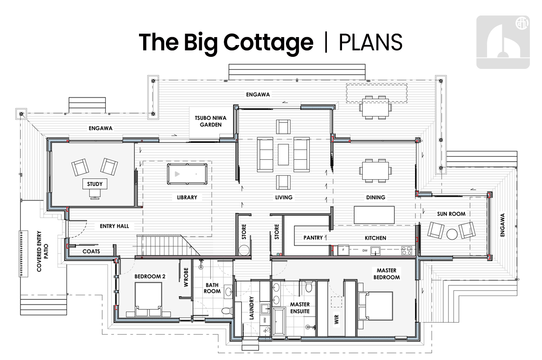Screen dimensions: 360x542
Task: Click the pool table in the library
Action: pos(187,174)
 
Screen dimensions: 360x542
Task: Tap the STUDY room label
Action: pos(95,184)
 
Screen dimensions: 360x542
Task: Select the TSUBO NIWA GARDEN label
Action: pos(211,121)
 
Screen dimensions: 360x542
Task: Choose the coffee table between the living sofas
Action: pos(283,154)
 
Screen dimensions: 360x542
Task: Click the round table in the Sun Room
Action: pos(451,234)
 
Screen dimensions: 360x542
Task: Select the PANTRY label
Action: pos(313,238)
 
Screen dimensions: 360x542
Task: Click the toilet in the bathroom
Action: pos(226,311)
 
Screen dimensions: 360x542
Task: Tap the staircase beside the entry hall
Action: pos(167,245)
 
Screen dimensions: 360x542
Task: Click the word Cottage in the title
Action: pos(268,42)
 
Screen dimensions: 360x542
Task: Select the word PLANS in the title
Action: pos(370,42)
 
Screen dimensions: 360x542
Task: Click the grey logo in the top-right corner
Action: pos(503,42)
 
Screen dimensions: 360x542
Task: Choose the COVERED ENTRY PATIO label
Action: pos(42,251)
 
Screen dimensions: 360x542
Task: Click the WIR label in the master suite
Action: pos(337,320)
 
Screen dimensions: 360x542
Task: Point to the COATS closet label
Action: pos(91,251)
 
